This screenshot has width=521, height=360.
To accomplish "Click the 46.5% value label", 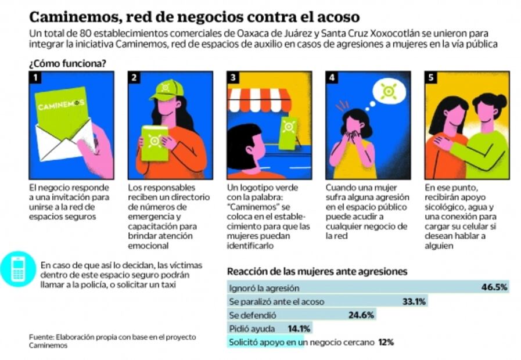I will tap(494, 287).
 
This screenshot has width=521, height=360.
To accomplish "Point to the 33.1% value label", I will tap(414, 301).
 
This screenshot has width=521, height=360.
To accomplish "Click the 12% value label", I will tap(386, 343).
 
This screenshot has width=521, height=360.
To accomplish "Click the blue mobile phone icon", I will tap(19, 269).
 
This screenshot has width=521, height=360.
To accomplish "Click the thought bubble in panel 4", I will tap(386, 91).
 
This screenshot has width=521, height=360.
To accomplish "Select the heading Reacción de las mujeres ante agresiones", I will tap(317, 271).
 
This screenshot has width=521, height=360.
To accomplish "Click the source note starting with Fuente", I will tap(113, 341).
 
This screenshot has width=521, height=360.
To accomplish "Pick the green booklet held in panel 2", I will tap(154, 143).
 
